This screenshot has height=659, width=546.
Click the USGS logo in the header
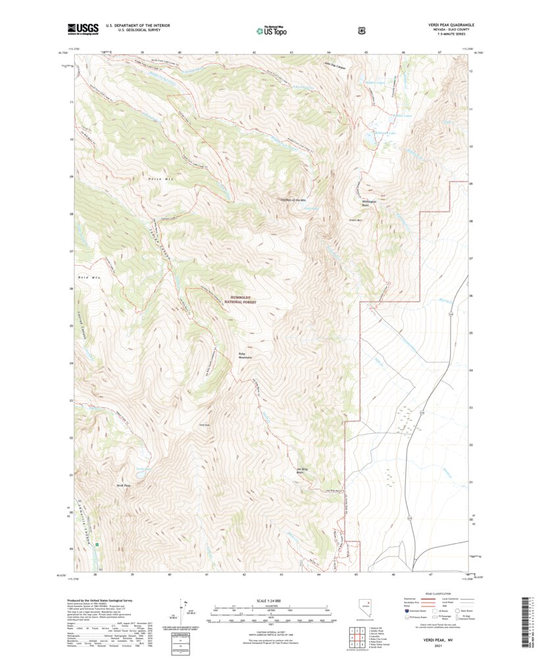82,28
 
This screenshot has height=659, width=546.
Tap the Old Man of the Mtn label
293,199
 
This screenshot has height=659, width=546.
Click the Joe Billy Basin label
303,470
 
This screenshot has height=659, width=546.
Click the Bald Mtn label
87,279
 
